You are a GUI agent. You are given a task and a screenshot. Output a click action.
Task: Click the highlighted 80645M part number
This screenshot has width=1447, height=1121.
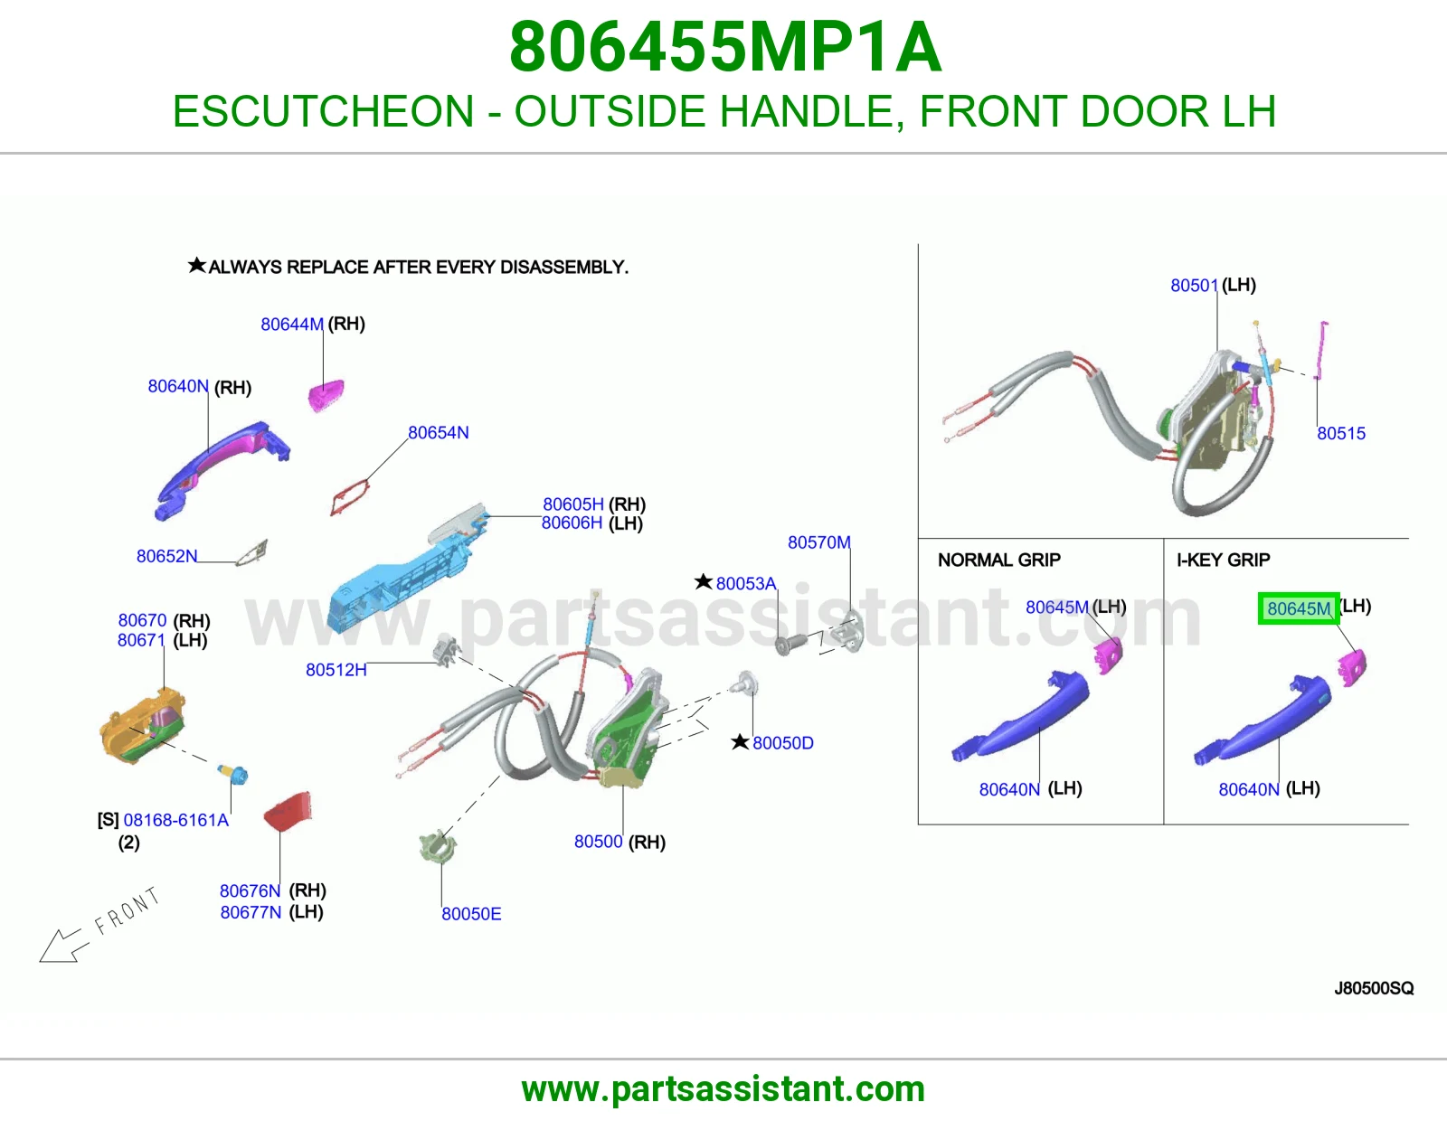(1298, 608)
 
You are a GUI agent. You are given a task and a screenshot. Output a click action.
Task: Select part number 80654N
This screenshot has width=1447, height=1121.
(438, 433)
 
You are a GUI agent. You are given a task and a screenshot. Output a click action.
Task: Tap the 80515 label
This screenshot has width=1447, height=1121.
(1341, 433)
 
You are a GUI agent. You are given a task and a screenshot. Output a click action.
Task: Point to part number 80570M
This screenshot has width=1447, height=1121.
(819, 542)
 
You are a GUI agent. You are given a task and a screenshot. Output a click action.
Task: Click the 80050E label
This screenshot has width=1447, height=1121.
(471, 914)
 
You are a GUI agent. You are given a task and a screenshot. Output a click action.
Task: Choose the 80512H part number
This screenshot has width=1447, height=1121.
(336, 670)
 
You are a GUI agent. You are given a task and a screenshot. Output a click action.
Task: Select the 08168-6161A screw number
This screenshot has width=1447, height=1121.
(175, 820)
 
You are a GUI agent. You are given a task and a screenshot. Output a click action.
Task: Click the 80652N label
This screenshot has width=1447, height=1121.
(167, 556)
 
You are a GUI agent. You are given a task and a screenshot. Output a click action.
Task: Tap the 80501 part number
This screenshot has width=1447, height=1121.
(1195, 286)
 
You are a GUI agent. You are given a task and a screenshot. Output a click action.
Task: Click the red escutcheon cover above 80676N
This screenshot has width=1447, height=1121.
(288, 811)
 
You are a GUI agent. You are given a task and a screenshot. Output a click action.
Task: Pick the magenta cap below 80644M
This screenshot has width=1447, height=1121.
(326, 395)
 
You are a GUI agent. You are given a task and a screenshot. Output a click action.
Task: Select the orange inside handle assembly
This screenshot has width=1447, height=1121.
(141, 726)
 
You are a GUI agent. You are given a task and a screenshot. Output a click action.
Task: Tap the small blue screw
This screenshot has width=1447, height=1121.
(233, 774)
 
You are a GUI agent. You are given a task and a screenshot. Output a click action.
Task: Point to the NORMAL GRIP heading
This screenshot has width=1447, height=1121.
(998, 560)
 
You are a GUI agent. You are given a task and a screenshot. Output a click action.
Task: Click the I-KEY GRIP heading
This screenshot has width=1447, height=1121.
(1224, 560)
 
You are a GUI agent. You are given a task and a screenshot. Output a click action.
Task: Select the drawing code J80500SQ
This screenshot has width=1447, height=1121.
(1374, 988)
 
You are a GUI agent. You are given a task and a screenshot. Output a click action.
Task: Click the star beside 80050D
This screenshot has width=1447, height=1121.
(740, 741)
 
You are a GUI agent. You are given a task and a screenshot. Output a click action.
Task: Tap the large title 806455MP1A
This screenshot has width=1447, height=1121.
(725, 47)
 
